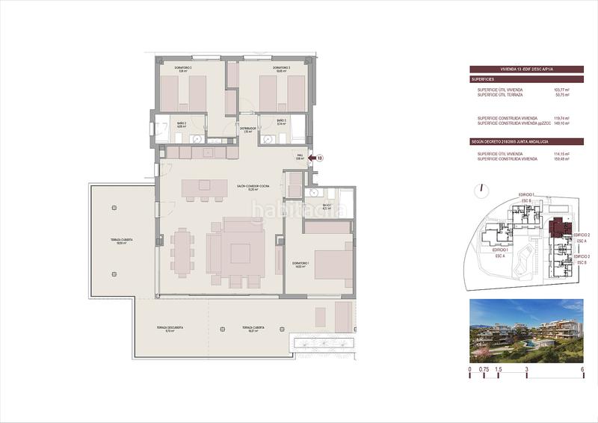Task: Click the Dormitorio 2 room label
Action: [183, 68]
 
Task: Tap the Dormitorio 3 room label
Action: [281, 68]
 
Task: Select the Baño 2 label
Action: [181, 124]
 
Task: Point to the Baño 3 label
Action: [281, 123]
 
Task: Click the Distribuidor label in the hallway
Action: [248, 129]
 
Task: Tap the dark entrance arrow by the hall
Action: [310, 158]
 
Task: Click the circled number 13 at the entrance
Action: [320, 158]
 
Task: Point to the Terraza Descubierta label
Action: [170, 329]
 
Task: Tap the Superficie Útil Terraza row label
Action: [500, 95]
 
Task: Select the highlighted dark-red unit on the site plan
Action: [557, 228]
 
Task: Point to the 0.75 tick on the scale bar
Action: [484, 369]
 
